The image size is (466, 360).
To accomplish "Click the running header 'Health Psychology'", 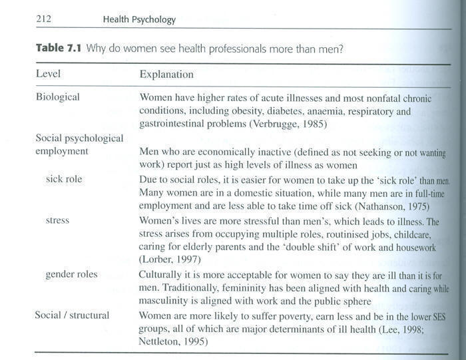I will [139, 19].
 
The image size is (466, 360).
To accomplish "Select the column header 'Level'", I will [48, 74].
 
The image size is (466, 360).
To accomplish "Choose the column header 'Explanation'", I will [166, 74].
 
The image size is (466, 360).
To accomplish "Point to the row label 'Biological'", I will [57, 97].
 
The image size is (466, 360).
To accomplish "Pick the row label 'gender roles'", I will [71, 274].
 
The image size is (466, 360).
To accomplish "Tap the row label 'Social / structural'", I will [72, 315].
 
